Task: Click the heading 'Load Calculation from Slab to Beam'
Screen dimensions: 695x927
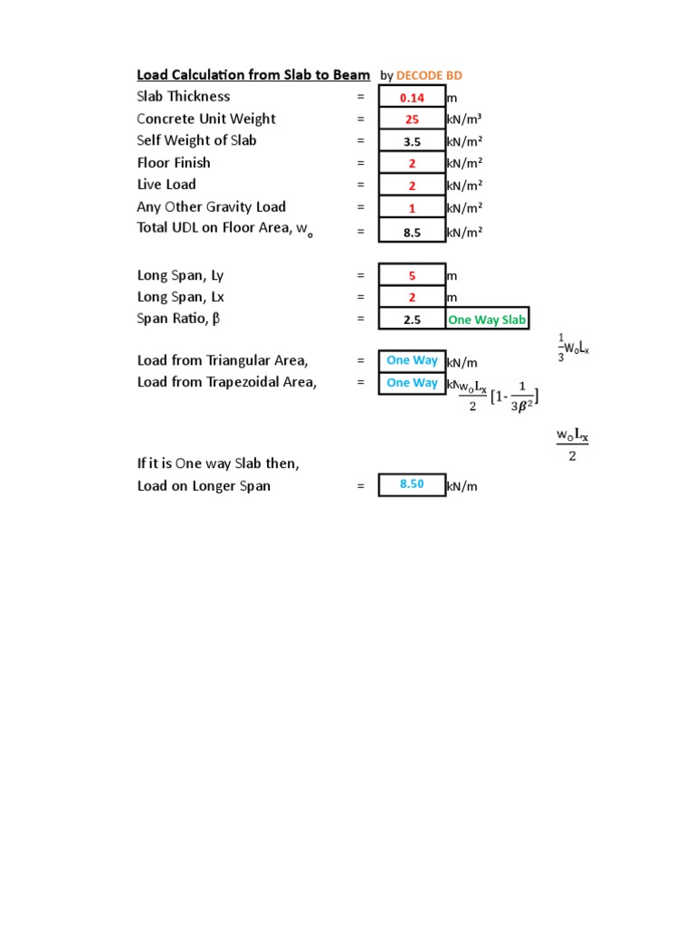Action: pos(253,75)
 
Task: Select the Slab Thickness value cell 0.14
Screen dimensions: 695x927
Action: pos(412,98)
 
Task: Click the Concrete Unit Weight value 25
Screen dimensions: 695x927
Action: pos(412,119)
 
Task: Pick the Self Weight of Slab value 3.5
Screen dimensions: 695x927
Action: pos(412,142)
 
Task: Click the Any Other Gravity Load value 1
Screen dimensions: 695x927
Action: pos(412,208)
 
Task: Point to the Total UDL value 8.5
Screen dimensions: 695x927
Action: pos(412,232)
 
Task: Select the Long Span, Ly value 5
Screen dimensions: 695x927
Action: pos(412,275)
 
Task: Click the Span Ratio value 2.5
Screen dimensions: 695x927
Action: pos(412,320)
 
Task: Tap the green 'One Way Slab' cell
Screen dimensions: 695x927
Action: pos(486,320)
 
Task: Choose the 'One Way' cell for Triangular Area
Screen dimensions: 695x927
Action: pos(412,360)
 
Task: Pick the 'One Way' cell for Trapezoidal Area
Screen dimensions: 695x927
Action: pos(412,383)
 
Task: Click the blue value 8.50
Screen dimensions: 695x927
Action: pos(412,485)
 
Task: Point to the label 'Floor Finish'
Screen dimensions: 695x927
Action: pos(174,163)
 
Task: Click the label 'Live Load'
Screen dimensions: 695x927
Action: pos(167,185)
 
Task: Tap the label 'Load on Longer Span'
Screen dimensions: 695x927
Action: pos(204,486)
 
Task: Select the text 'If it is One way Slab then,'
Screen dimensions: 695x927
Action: pos(218,463)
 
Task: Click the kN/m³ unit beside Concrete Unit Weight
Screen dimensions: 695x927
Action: pos(463,119)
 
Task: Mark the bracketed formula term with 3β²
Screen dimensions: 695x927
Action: pos(512,397)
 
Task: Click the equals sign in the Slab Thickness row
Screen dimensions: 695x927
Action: pos(360,98)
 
